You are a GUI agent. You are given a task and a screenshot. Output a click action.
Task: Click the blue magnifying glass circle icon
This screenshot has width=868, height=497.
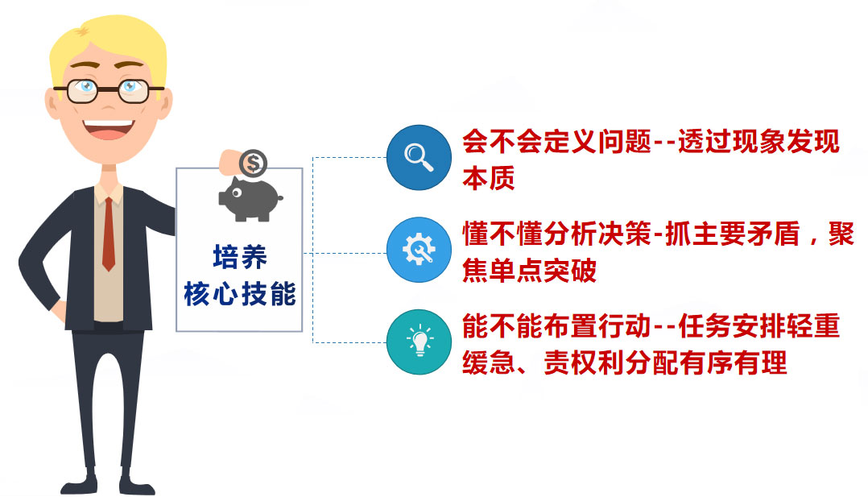(419, 157)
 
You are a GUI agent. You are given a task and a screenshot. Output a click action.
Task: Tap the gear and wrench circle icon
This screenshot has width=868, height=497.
(419, 250)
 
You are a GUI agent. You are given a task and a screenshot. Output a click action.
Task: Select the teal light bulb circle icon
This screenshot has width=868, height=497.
(419, 342)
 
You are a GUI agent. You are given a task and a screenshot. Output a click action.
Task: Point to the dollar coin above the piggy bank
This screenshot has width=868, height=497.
(254, 164)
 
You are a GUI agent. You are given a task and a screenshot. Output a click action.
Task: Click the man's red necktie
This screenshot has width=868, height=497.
(109, 234)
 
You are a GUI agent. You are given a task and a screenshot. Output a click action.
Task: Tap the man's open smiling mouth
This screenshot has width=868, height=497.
(109, 129)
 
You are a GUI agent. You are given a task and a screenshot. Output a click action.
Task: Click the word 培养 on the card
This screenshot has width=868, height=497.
(240, 257)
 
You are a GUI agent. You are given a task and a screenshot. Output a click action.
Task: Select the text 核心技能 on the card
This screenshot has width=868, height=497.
(240, 293)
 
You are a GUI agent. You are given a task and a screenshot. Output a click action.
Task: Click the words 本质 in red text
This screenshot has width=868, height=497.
(489, 178)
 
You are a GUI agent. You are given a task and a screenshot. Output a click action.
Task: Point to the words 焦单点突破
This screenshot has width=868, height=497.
(529, 271)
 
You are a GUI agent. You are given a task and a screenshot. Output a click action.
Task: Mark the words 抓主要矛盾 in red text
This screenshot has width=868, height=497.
(733, 234)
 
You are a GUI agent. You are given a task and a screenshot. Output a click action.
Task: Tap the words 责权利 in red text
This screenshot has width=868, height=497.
(584, 363)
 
